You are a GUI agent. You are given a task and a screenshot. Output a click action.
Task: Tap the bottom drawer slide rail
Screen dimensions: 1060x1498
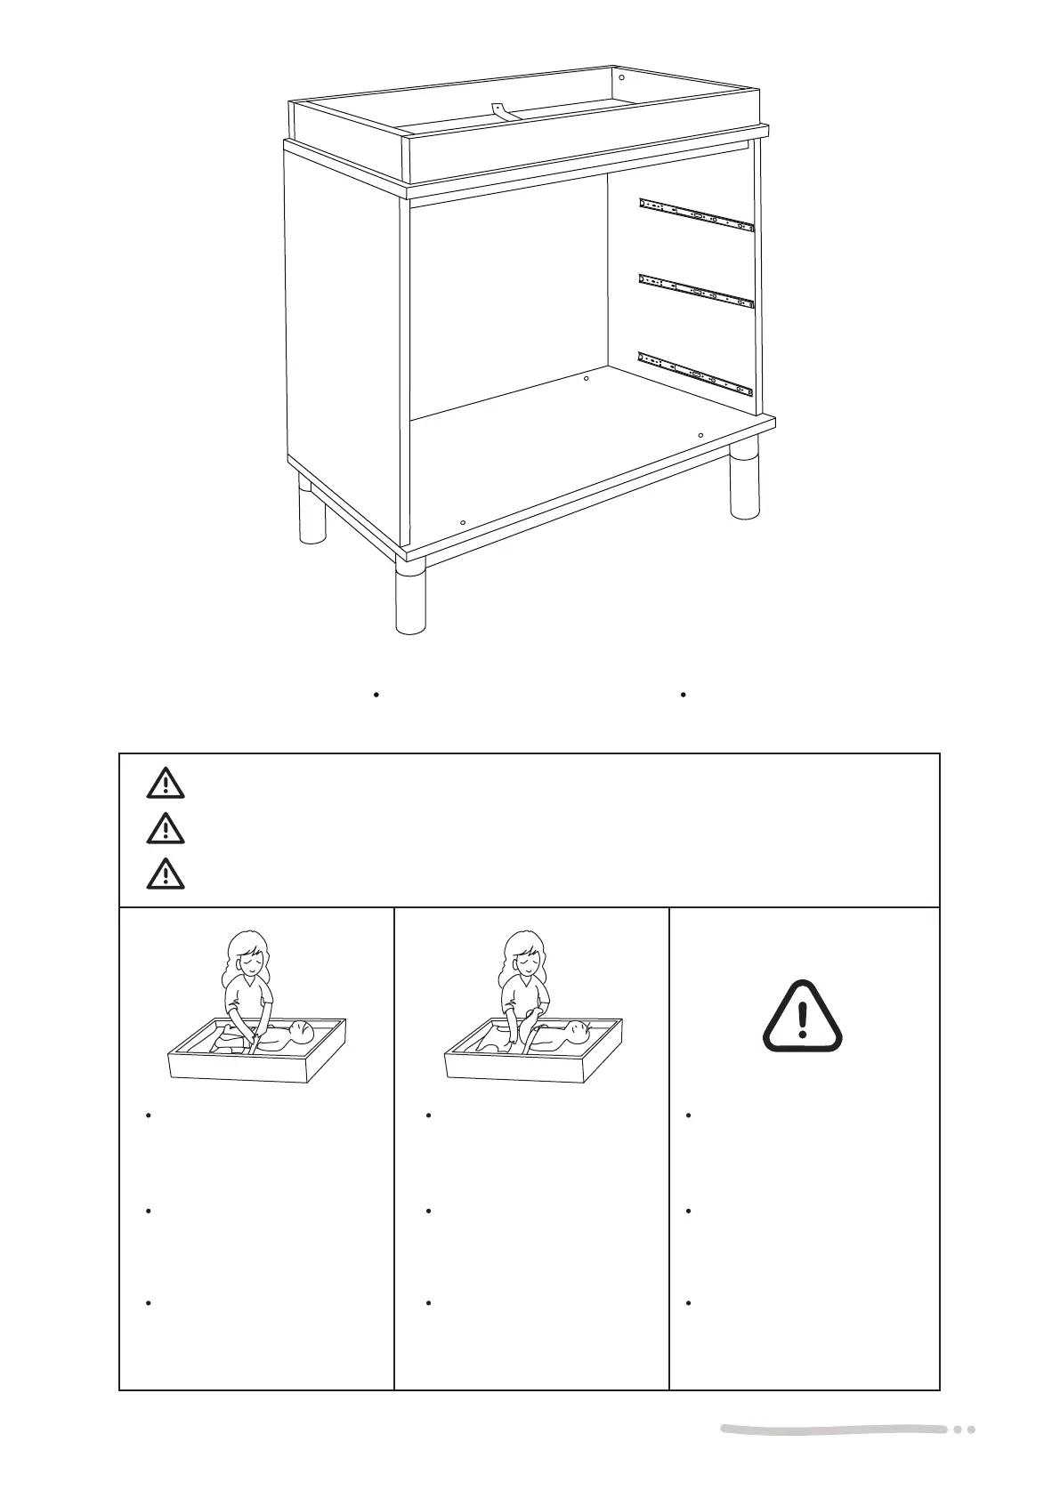coord(697,374)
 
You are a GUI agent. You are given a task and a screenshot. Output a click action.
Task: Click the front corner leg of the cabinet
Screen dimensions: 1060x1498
coord(410,597)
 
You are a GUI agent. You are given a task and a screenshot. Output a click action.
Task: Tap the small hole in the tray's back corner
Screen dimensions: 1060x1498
coord(621,77)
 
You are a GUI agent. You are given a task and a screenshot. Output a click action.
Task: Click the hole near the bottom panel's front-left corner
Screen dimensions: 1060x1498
coord(463,523)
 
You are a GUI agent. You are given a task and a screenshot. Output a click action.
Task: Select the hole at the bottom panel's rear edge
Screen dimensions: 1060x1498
coord(586,379)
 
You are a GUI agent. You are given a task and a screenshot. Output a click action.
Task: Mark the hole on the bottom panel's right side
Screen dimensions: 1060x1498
coord(700,435)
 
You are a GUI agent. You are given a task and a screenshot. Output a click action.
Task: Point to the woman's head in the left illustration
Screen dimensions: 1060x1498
coord(248,954)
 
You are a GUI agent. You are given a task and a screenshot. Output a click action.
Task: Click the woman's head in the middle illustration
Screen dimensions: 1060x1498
coord(523,954)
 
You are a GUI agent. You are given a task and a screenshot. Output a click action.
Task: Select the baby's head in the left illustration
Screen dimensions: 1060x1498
coord(301,1034)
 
